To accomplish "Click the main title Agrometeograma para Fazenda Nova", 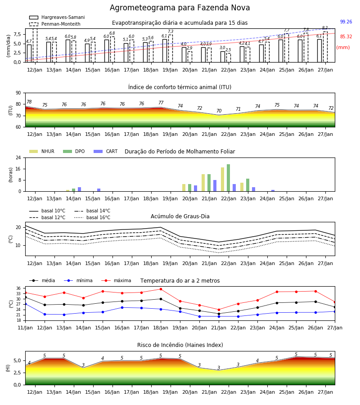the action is [x=180, y=8].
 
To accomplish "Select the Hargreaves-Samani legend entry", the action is [x=57, y=17].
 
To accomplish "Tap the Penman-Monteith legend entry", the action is [x=55, y=24].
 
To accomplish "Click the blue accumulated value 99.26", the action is [x=346, y=22].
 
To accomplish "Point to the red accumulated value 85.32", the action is [x=346, y=37].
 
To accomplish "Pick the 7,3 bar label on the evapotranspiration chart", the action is [x=171, y=31].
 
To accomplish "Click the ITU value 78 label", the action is [x=29, y=102].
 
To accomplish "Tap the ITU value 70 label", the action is [x=219, y=111].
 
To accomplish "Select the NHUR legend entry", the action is [x=42, y=151].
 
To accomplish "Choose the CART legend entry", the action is [x=106, y=151].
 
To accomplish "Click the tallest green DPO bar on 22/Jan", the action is [x=228, y=178].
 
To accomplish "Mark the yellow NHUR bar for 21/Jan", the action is [x=203, y=183].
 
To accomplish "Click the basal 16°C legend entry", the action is [x=92, y=217].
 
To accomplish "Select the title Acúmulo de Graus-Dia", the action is [x=180, y=216].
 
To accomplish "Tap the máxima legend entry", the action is [x=116, y=280].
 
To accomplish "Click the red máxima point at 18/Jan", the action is [x=161, y=289].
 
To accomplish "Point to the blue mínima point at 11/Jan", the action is [x=25, y=304].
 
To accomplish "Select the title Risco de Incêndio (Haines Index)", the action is [x=180, y=345].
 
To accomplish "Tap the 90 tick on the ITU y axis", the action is [x=18, y=93].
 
